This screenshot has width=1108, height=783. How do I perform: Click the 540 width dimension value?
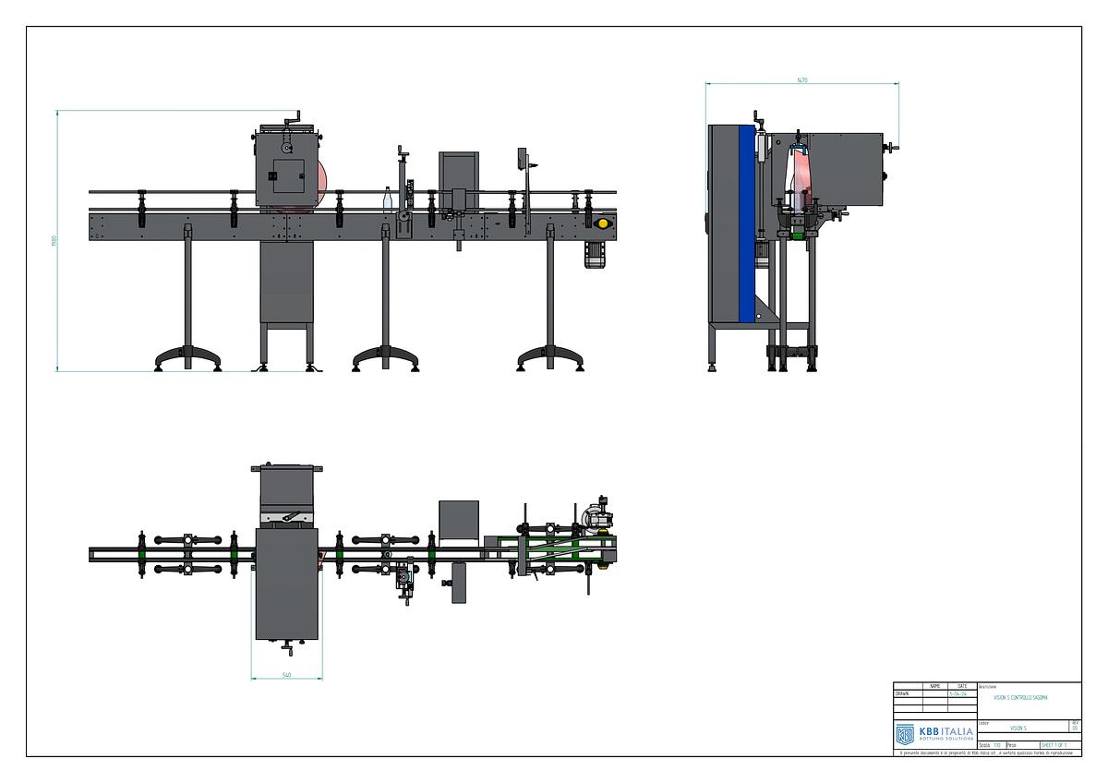point(286,675)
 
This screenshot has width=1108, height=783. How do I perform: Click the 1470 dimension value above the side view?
point(802,80)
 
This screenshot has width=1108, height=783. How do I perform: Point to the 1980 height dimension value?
point(54,241)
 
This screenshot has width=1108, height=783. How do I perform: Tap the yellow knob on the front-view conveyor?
point(603,223)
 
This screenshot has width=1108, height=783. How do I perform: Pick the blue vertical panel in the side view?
point(747,222)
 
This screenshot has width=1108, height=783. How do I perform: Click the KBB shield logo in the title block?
point(905,734)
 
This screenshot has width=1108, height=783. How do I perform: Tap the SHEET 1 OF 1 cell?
point(1054,744)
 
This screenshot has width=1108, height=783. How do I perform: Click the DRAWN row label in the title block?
point(902,693)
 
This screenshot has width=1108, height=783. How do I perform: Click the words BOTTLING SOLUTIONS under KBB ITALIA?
point(945,739)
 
